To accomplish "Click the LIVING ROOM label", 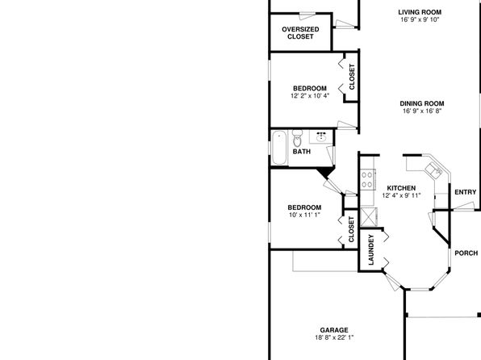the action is [x=420, y=12].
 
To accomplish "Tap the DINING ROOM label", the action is [x=422, y=103].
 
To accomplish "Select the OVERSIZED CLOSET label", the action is [x=300, y=33].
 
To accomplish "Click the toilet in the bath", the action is [x=297, y=138].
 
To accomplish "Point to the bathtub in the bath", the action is [x=279, y=148].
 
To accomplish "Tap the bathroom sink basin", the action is [x=321, y=136].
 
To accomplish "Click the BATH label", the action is [x=302, y=152].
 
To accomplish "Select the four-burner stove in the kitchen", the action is [x=367, y=179].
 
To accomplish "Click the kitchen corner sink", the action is [x=433, y=170].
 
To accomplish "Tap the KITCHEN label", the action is [x=401, y=188].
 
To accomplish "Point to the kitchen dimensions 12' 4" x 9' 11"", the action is [x=401, y=195].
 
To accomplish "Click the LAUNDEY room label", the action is [x=371, y=249].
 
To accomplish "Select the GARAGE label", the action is [x=334, y=330].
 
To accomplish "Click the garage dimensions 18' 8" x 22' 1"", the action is [x=334, y=337].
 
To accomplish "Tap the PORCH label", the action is [x=466, y=253].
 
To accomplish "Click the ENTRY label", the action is [x=466, y=192].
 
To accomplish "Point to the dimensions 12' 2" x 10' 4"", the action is [x=310, y=96].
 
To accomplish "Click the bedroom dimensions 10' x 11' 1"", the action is [x=304, y=215].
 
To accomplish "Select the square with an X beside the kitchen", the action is [x=369, y=217].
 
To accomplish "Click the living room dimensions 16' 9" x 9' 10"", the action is [x=420, y=19].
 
